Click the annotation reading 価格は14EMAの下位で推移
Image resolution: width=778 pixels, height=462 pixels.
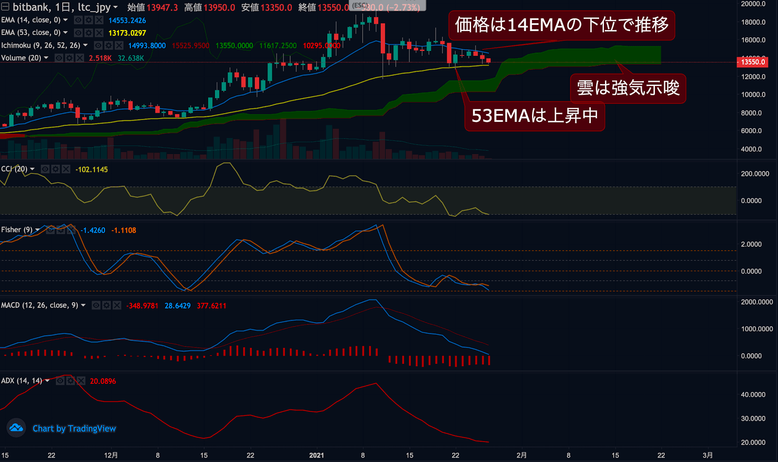coord(561,25)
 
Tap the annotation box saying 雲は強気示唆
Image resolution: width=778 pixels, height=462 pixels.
coord(628,88)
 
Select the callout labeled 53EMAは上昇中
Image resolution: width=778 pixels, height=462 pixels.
coord(534,116)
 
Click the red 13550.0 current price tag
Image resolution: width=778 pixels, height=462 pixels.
coord(753,62)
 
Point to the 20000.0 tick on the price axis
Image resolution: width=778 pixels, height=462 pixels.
coord(753,4)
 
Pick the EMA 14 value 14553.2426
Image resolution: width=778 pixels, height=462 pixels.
coord(127,20)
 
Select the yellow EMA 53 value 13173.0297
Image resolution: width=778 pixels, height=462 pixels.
coord(127,33)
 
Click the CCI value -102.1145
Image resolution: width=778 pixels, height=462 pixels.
coord(91,170)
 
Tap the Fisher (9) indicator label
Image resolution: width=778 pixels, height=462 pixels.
coord(17,230)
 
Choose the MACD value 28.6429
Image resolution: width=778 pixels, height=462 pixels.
coord(177,306)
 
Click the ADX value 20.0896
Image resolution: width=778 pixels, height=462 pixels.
coord(103,381)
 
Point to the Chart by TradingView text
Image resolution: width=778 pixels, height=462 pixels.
coord(74,428)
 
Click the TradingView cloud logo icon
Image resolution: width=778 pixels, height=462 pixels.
coord(16,428)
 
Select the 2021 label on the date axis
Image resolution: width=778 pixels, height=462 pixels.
coord(317,455)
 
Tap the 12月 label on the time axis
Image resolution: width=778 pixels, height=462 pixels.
coord(111,455)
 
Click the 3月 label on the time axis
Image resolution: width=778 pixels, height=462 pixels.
coord(707,455)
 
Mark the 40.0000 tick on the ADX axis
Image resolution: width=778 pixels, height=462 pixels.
coord(753,394)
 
